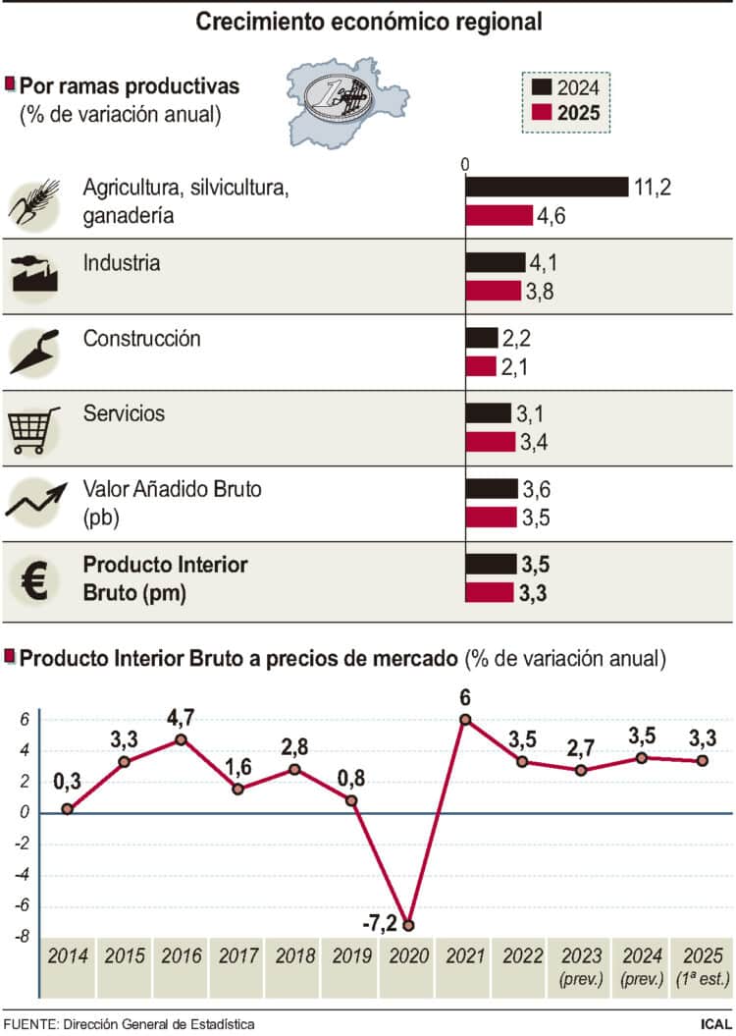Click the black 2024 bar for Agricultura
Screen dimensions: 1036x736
(546, 187)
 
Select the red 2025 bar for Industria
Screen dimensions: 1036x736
(493, 291)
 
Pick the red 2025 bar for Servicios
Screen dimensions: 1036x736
(490, 442)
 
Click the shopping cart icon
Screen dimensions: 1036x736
(33, 429)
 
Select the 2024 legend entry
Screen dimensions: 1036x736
(565, 88)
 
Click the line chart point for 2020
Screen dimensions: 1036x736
(407, 925)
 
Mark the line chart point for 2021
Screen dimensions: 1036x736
(465, 720)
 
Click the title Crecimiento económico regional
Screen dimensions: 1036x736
(368, 22)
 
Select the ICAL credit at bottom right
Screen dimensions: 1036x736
(715, 1024)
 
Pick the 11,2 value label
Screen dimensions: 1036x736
(653, 187)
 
